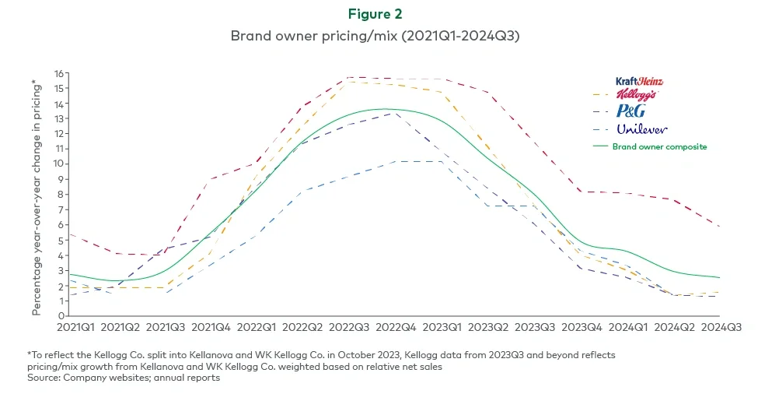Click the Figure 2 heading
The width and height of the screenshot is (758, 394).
coord(379,14)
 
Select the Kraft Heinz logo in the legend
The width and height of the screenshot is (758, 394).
coord(639,81)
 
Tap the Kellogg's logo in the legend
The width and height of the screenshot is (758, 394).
coord(636,95)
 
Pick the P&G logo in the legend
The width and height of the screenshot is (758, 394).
coord(630,111)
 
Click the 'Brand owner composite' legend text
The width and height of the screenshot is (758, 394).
coord(659,146)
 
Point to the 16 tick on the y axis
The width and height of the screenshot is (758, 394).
coord(58,73)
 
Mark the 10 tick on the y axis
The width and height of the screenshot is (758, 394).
coord(58,164)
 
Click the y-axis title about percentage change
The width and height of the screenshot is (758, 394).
coord(37,198)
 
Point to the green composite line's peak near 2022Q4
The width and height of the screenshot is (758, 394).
coord(385,109)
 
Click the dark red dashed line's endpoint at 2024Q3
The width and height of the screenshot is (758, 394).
coord(720,227)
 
